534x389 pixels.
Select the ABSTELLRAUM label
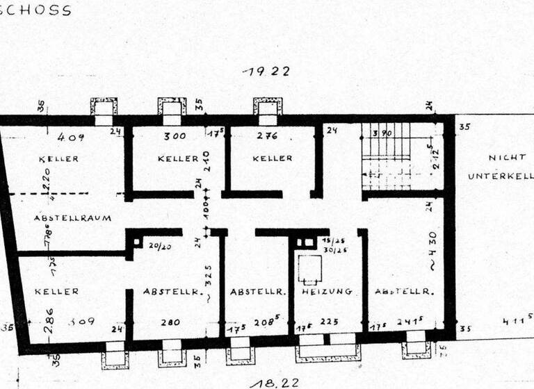coord(72,218)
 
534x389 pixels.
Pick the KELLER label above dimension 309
coord(57,292)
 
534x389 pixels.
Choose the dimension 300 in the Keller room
coord(175,136)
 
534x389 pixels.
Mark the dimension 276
coord(268,136)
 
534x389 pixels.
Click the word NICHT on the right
coord(502,158)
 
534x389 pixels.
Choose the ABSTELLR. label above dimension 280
coord(168,292)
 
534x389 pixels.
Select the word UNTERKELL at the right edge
coord(500,176)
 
